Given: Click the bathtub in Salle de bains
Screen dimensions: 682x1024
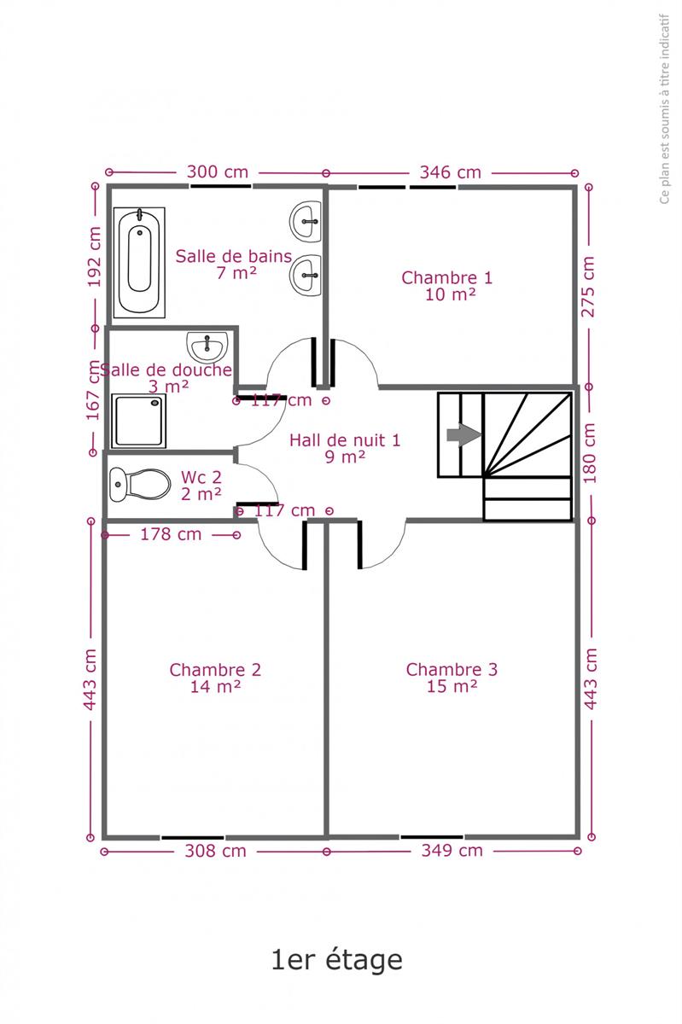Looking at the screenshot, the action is pyautogui.click(x=139, y=263).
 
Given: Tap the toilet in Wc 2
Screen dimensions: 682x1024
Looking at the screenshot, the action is pyautogui.click(x=140, y=484).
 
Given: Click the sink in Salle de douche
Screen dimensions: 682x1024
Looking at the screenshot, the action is pyautogui.click(x=207, y=347).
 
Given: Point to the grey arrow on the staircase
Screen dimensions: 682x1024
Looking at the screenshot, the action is pyautogui.click(x=463, y=434).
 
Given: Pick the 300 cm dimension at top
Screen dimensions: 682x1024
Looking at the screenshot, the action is pyautogui.click(x=218, y=172).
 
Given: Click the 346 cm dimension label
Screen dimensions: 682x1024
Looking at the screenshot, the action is pyautogui.click(x=451, y=172).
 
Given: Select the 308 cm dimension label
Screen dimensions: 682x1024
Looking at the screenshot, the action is pyautogui.click(x=215, y=851).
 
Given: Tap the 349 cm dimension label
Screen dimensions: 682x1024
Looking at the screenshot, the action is pyautogui.click(x=452, y=850).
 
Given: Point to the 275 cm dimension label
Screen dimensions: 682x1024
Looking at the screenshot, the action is pyautogui.click(x=588, y=287).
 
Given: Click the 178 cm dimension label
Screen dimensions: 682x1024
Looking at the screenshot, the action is pyautogui.click(x=171, y=534).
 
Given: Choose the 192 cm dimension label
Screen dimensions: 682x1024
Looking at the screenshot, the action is pyautogui.click(x=94, y=257).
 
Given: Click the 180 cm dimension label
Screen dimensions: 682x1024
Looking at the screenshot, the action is pyautogui.click(x=590, y=453).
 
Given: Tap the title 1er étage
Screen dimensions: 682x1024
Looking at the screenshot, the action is pyautogui.click(x=337, y=959).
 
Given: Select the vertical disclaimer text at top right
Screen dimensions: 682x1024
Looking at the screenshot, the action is pyautogui.click(x=665, y=109).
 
